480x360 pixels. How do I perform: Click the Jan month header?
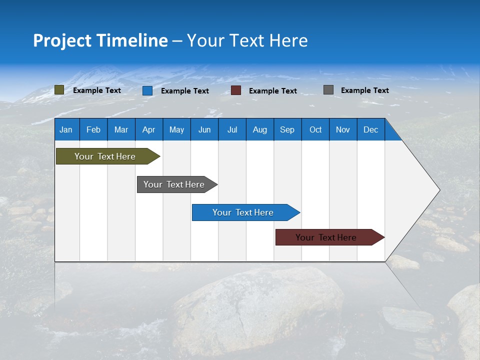tap(66, 129)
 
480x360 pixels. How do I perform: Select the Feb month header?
tap(93, 129)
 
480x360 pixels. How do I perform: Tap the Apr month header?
tap(149, 129)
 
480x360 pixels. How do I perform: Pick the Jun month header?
tap(204, 129)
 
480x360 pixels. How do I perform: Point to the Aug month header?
tap(260, 129)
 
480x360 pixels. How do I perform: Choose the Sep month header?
tap(287, 129)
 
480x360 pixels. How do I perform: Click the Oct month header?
tap(315, 129)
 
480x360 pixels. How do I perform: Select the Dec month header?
tap(371, 129)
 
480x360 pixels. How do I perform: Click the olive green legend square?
tap(59, 90)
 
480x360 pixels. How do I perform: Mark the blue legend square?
tap(147, 90)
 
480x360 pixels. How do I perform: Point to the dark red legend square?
tap(236, 90)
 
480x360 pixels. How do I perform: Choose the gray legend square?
tap(328, 90)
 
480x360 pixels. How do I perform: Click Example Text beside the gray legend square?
tap(365, 90)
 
